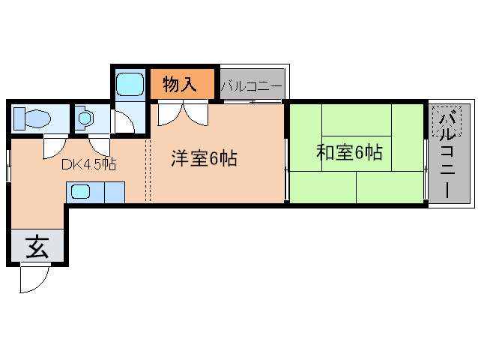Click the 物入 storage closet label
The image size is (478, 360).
coord(181,83)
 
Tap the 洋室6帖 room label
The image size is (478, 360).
coord(205,158)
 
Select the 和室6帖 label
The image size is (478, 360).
coord(349,152)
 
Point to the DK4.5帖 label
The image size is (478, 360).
coord(88,164)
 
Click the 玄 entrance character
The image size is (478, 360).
coord(37,247)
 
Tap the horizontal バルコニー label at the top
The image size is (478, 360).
coord(252,86)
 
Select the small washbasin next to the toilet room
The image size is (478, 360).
coord(85,118)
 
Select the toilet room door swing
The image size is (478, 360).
coord(55,145)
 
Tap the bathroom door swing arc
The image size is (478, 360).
coord(122,122)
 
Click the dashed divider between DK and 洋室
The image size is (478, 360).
coord(150,172)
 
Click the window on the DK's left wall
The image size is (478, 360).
coord(8,166)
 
